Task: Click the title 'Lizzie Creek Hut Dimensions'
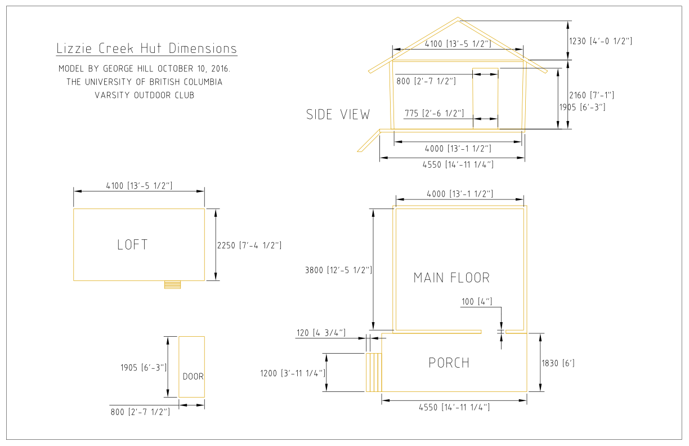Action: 146,48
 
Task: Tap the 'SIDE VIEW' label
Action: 338,114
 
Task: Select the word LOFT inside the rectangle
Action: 133,245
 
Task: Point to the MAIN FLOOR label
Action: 451,278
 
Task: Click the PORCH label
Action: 449,363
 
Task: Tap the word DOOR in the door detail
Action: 193,376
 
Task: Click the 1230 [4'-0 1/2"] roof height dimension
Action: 601,41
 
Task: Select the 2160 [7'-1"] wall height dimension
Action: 592,95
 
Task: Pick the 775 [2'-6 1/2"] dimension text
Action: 435,113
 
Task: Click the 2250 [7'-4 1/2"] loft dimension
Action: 249,246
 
